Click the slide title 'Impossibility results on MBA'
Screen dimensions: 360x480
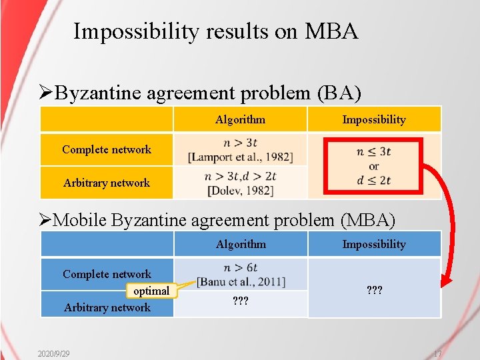[215, 31]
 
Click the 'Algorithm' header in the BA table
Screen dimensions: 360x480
[240, 120]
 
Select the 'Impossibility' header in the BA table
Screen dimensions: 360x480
[373, 120]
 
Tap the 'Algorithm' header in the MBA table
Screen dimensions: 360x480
[241, 245]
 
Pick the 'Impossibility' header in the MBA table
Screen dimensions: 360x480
[373, 245]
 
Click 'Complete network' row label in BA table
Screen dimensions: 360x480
[107, 149]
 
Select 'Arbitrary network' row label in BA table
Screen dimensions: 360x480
[107, 183]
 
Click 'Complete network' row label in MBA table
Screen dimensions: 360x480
[107, 274]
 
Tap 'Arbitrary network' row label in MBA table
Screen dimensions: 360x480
[107, 307]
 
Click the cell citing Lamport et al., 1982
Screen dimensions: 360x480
[240, 150]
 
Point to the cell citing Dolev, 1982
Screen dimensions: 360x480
[240, 183]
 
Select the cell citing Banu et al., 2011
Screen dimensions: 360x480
[241, 275]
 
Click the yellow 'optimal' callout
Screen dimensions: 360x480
[151, 291]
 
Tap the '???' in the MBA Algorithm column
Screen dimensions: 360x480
[241, 301]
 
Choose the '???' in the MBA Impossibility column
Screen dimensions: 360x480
[373, 291]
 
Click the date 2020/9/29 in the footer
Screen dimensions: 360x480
[54, 353]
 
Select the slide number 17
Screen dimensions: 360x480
[437, 353]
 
